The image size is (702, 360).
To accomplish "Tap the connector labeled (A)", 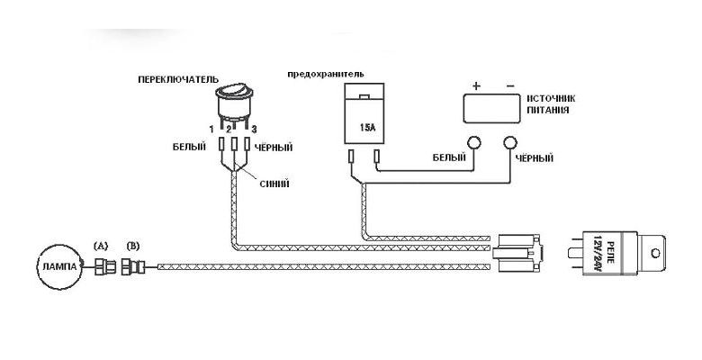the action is (x=104, y=267).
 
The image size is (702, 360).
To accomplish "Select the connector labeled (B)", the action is (x=133, y=267).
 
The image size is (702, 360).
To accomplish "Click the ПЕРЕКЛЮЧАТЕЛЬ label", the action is (x=178, y=80).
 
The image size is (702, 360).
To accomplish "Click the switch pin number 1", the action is (x=211, y=130).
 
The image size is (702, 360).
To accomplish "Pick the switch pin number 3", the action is (x=254, y=130).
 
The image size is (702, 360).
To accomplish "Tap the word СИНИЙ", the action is (x=274, y=184).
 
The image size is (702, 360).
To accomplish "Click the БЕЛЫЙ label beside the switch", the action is (x=189, y=147).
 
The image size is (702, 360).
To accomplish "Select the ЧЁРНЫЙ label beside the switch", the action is (x=274, y=148).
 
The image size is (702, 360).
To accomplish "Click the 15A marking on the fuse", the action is (x=366, y=127).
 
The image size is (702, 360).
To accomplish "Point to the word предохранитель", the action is (x=326, y=74).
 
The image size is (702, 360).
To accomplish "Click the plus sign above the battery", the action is (x=476, y=86).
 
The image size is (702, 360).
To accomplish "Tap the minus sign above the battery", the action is (x=510, y=86).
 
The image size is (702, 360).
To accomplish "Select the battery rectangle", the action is (x=492, y=108).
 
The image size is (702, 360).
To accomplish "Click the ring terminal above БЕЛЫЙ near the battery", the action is (x=474, y=143).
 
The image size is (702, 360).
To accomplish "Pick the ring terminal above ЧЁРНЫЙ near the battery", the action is (x=510, y=143).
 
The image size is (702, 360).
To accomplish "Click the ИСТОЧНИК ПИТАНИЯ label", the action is (x=550, y=103).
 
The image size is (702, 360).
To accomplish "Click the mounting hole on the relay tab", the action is (x=655, y=254).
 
